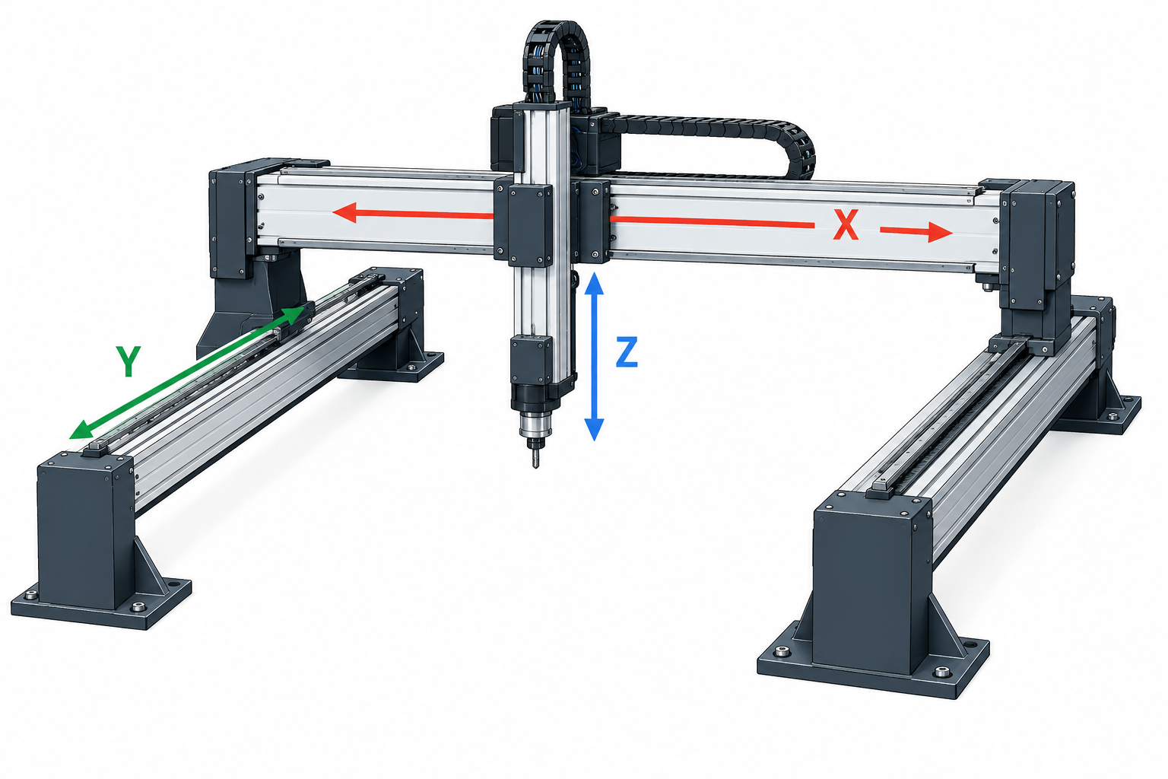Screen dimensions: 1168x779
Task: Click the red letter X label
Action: [x=846, y=225]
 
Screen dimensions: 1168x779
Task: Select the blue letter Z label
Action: [x=627, y=352]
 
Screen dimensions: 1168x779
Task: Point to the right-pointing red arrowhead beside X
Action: [x=941, y=232]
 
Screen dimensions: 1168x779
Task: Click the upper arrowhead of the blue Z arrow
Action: [x=594, y=284]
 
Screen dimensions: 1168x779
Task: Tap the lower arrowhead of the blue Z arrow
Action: [x=594, y=429]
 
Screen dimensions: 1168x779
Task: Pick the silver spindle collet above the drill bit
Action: [x=535, y=424]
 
